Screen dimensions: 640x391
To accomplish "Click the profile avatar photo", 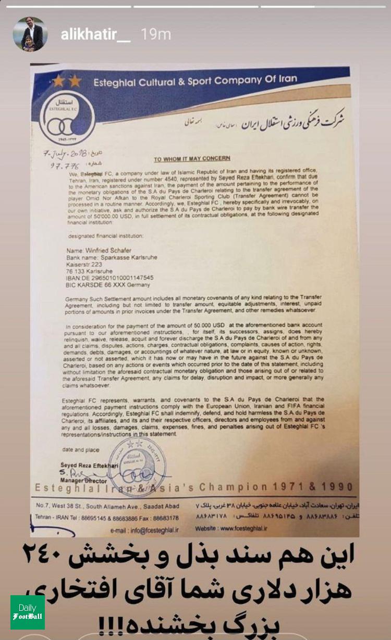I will pos(30,34).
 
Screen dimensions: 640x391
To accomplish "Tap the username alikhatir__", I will pos(95,35).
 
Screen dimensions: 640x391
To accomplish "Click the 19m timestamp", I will pos(156,35).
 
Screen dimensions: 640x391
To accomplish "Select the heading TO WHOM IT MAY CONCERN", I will pos(192,158).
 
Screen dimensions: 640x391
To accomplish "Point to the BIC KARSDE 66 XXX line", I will pos(104,285).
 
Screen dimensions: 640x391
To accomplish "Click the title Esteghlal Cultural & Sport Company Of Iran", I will pos(195,80).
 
